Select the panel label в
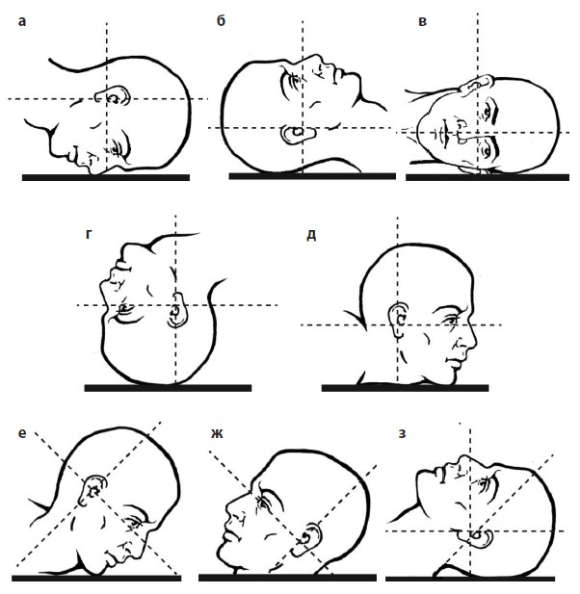pos(411,21)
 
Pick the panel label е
pos(21,433)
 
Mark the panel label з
pos(403,433)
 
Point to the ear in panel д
pos(401,318)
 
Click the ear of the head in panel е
pos(94,488)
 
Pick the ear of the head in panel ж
pos(308,531)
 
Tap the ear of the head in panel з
pos(474,535)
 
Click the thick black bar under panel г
pos(168,387)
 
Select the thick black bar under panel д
pos(405,387)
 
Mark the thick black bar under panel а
pos(106,176)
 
